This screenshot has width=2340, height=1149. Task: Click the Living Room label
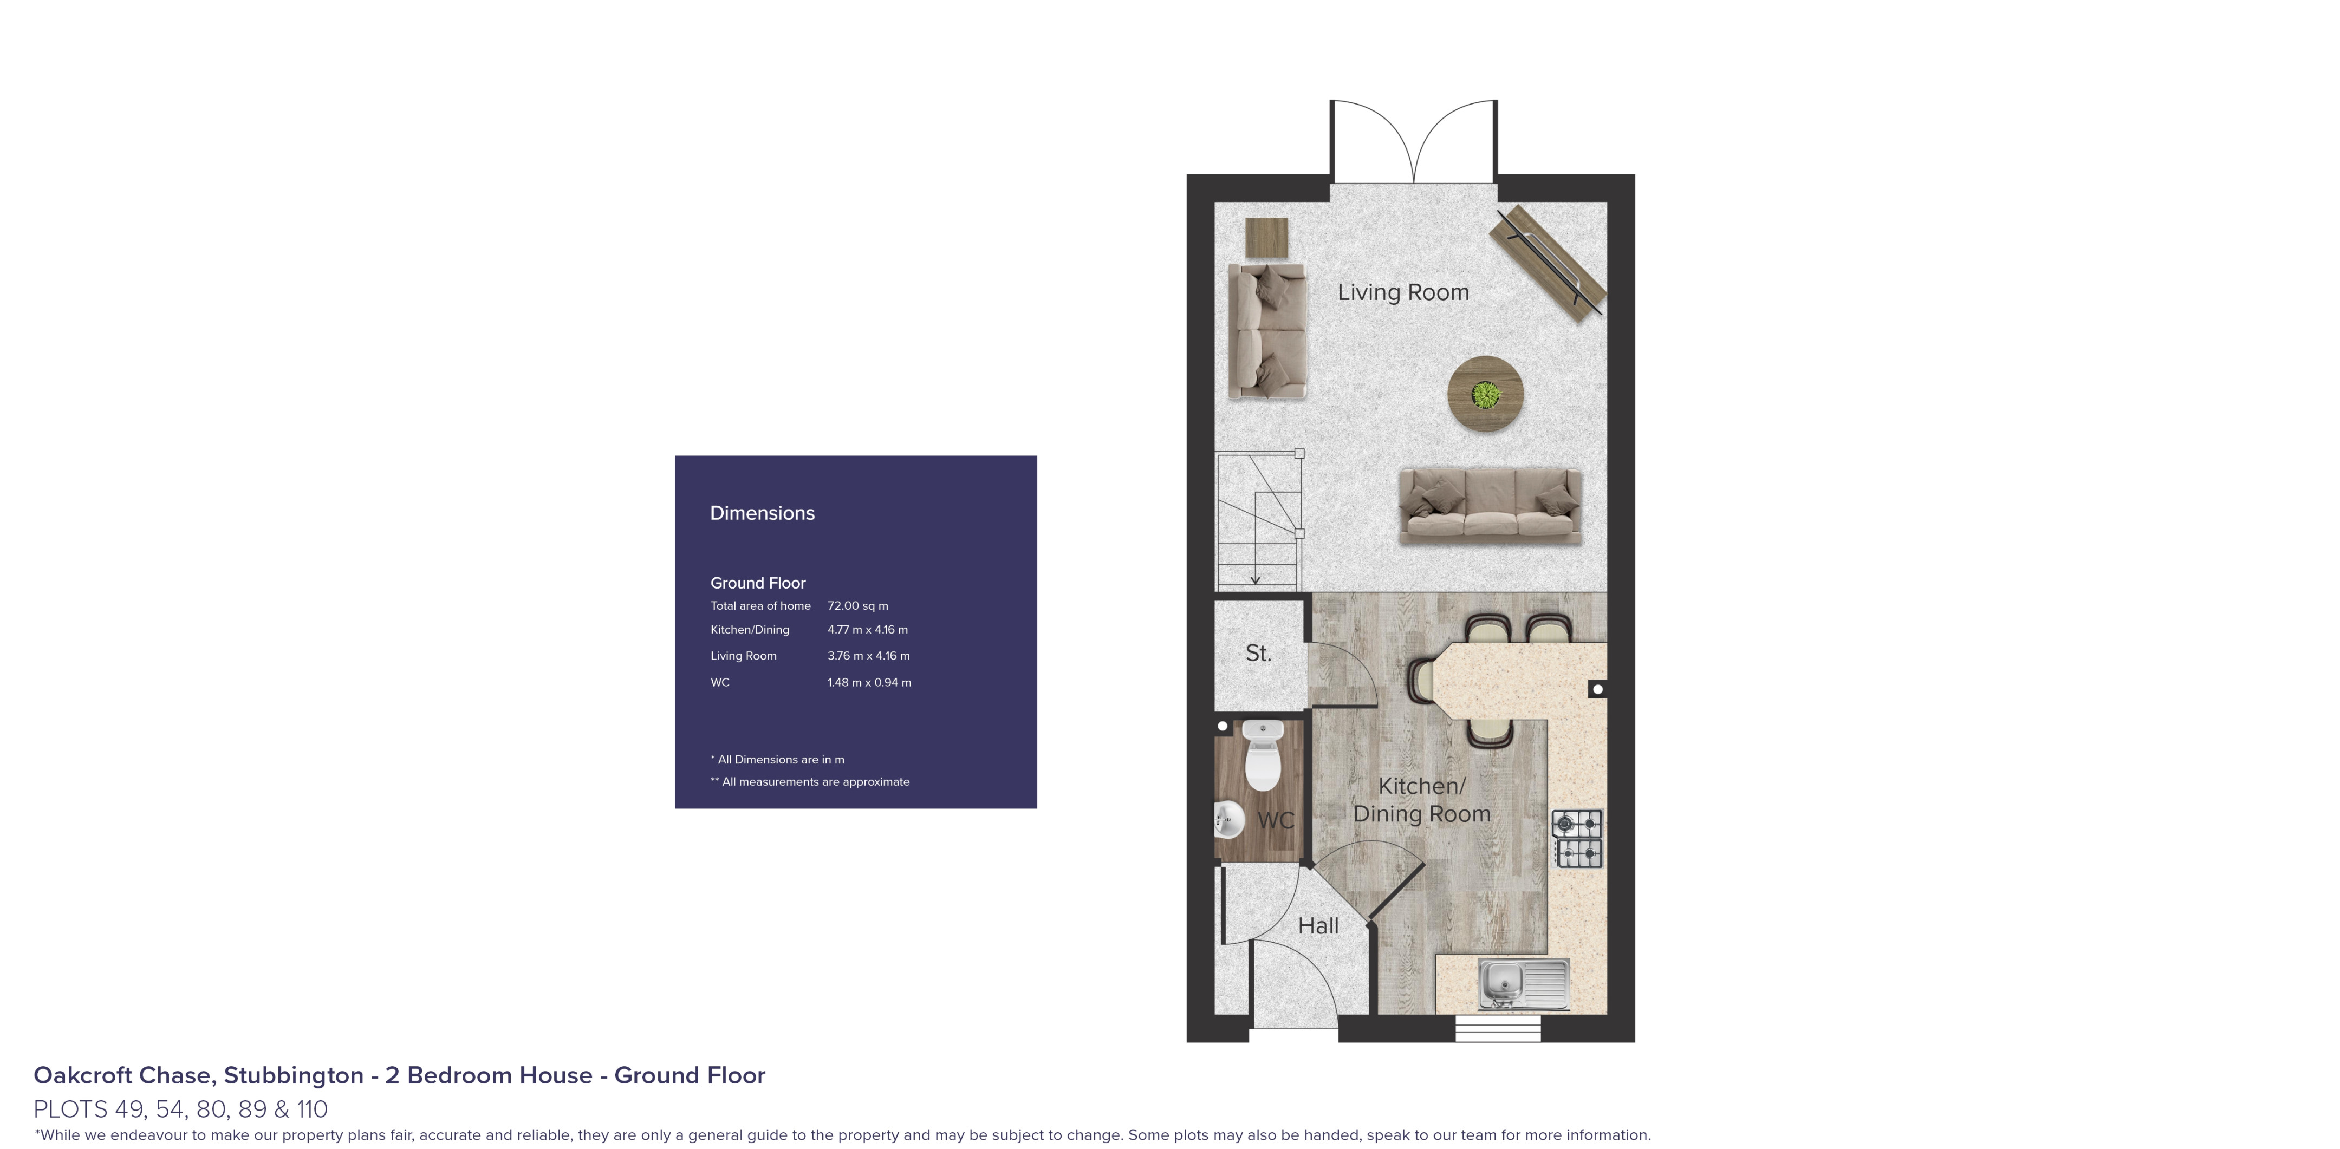[x=1402, y=292]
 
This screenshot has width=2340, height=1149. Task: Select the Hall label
[x=1318, y=925]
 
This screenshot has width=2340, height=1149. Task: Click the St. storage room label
[x=1258, y=653]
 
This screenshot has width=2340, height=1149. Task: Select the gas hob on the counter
[x=1579, y=838]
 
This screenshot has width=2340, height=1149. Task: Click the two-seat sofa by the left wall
[x=1266, y=331]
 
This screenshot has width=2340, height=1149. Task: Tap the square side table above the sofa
[x=1266, y=238]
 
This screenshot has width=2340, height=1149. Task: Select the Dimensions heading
[x=762, y=513]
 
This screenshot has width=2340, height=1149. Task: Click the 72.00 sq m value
[x=857, y=606]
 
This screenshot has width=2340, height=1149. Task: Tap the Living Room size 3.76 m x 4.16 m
[x=868, y=656]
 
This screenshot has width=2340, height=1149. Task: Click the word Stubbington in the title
[x=294, y=1075]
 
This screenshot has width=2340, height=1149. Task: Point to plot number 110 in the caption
[x=311, y=1109]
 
